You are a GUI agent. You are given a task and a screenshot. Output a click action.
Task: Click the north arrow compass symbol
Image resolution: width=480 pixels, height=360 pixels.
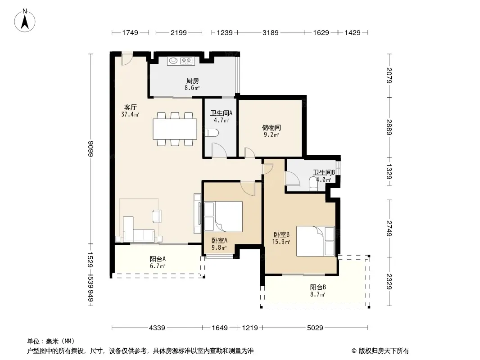pos(25,20)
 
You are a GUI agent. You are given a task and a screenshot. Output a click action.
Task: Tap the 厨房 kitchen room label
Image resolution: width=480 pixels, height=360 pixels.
pos(193,81)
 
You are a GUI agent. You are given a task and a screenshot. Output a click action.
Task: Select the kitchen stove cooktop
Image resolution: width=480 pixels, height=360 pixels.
pos(186,61)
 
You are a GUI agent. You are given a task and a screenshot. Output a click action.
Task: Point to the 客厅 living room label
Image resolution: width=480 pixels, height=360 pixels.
pos(130,108)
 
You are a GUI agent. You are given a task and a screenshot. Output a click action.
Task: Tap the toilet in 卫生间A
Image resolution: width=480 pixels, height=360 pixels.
pos(212,132)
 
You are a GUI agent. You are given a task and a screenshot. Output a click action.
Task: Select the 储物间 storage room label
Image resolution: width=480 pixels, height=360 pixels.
pos(271,127)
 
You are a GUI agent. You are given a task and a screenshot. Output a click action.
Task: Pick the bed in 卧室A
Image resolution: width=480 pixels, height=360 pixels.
pos(223,216)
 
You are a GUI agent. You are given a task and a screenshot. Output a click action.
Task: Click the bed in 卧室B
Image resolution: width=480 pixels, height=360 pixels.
pos(316,241)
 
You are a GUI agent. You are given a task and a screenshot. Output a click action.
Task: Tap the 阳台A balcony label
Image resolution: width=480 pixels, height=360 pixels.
pos(158,259)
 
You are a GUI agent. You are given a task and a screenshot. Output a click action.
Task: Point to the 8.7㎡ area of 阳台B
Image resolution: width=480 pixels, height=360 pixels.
pos(317,295)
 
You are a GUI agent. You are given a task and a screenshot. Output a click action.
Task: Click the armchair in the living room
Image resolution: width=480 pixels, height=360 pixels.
pos(157,216)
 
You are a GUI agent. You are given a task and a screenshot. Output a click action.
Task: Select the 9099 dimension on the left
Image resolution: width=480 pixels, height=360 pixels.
pos(90,148)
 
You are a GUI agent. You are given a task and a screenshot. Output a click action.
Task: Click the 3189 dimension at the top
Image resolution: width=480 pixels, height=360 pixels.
pos(271,32)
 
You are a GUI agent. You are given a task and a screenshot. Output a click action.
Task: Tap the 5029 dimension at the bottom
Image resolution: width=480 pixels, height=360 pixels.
pos(315,328)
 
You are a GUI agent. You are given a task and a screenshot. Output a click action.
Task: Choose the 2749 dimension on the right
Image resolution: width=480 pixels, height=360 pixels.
pos(389,228)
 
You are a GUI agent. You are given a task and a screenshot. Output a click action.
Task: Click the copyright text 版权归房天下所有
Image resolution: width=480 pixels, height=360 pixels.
pos(384,351)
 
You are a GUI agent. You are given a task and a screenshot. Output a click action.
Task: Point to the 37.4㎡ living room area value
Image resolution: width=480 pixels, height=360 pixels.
pos(131,114)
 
